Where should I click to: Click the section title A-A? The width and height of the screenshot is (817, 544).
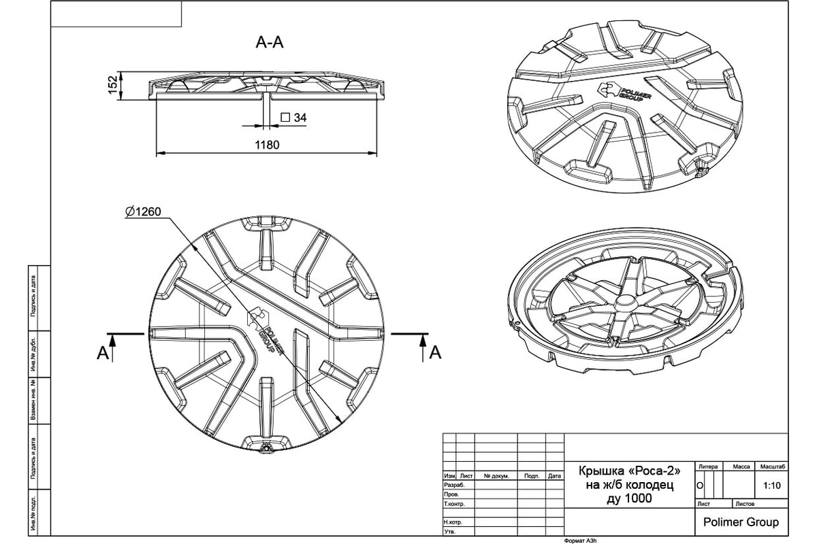pos(269,44)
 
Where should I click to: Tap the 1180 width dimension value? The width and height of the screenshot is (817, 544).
pos(268,145)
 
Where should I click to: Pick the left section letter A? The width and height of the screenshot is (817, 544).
pos(103,352)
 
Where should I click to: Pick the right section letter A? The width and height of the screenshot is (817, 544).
pos(436,352)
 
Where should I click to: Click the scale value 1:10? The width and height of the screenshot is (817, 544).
pos(772,486)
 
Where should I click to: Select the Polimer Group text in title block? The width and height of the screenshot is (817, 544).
pos(741,523)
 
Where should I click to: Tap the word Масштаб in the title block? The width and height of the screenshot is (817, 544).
pos(773,466)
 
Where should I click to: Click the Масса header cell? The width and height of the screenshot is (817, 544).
pos(741,466)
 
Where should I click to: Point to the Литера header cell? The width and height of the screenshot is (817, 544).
pos(708,466)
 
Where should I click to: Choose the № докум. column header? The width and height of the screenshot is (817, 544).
pos(496,476)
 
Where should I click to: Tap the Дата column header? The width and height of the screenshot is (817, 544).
pos(554,476)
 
